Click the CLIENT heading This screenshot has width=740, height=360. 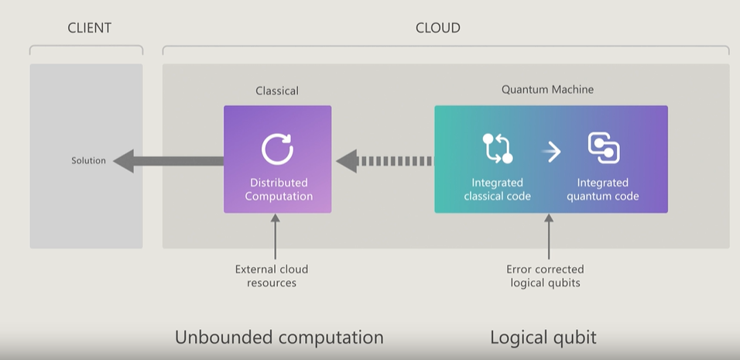[90, 28]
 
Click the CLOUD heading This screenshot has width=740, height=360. [438, 28]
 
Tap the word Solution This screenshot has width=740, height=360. [89, 160]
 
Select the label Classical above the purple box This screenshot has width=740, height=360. [277, 91]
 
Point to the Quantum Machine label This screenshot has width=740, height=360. [547, 90]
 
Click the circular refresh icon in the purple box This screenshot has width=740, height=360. [277, 149]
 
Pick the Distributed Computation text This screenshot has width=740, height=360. [279, 189]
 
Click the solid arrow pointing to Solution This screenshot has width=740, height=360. [169, 161]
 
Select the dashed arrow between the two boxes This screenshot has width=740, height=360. [384, 161]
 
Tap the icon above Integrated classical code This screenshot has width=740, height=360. [498, 148]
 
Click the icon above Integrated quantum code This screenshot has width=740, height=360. [604, 148]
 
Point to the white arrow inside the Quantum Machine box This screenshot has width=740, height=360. [551, 152]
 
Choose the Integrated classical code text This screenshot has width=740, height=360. [498, 189]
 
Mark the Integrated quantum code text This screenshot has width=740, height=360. [603, 189]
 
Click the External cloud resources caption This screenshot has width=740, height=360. [272, 276]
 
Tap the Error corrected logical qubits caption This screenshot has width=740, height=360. [545, 276]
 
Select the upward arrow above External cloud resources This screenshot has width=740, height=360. [275, 236]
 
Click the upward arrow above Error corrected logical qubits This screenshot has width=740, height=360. [548, 236]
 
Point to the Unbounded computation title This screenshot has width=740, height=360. [279, 338]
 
